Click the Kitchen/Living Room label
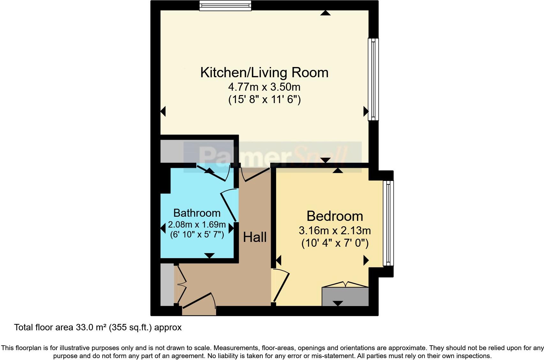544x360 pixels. tap(264, 73)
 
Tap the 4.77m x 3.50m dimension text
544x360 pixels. tap(264, 87)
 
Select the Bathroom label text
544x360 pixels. tap(197, 213)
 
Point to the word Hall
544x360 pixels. tap(255, 237)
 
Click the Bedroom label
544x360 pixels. tap(335, 216)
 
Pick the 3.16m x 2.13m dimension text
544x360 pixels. tap(335, 230)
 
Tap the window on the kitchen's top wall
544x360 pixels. tap(225, 5)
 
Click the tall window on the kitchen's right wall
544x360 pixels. tap(373, 79)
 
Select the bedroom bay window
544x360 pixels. tap(388, 223)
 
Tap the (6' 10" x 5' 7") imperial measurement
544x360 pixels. tap(197, 235)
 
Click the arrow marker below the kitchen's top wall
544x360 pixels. tap(325, 13)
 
